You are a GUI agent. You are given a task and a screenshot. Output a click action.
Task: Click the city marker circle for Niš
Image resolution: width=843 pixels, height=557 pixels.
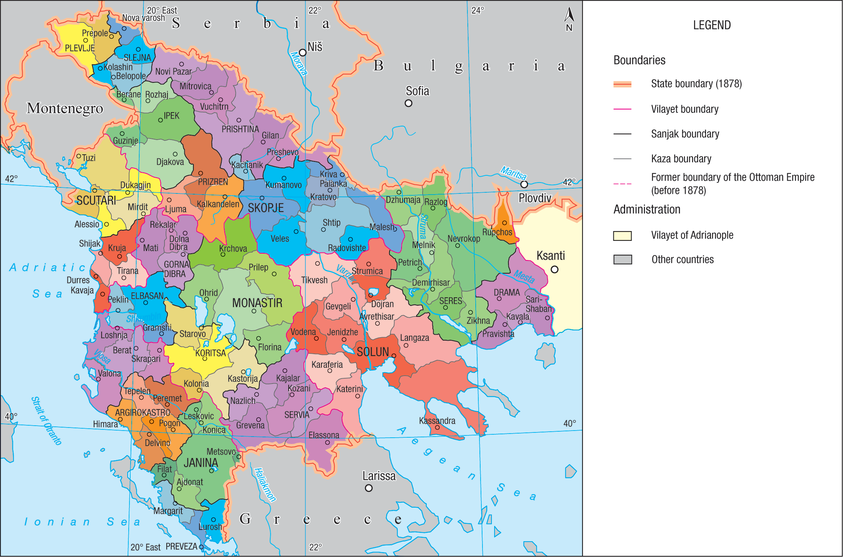click(303, 53)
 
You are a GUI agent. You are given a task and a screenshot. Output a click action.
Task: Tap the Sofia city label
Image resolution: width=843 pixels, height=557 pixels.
click(417, 91)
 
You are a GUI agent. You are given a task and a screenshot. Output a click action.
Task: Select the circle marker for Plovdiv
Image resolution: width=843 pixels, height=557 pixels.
click(524, 184)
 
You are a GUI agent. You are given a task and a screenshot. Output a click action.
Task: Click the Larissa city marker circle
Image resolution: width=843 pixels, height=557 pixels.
click(369, 488)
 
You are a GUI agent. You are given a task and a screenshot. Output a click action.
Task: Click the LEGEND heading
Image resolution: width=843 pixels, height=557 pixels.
click(712, 25)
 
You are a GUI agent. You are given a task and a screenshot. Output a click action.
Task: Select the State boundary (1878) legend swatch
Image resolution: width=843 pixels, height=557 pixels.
click(622, 84)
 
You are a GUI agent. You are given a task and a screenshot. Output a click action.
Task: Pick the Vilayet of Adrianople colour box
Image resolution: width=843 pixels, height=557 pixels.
click(622, 236)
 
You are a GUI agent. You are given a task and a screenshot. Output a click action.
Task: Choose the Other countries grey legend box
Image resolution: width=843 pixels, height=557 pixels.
click(622, 260)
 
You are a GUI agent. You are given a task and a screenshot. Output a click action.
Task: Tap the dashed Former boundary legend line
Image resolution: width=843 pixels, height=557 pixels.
click(622, 184)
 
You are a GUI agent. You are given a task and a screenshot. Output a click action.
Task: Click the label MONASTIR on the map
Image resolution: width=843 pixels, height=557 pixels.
click(257, 303)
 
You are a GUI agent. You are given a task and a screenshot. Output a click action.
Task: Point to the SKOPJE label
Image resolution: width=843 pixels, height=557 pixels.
click(266, 208)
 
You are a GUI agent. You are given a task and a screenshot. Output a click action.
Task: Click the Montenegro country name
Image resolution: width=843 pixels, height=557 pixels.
click(65, 108)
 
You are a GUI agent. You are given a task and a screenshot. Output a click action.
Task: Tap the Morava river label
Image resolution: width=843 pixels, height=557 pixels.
click(298, 63)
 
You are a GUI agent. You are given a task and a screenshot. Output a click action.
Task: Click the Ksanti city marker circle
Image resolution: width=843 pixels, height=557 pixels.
click(554, 269)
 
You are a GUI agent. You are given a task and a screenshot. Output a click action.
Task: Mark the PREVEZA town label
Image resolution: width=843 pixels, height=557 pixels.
click(181, 546)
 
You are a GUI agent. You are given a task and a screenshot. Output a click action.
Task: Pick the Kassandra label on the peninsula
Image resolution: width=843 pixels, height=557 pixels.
click(437, 421)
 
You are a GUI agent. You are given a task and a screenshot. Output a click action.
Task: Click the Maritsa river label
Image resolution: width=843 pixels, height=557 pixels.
click(513, 173)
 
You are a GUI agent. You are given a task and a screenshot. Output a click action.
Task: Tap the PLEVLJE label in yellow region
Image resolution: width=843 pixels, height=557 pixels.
click(80, 48)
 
